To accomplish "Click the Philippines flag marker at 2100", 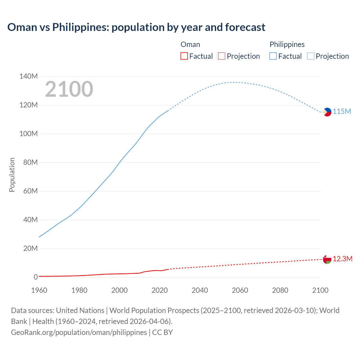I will (327, 112).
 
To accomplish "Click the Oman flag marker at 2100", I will (327, 259).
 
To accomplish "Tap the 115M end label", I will (342, 112).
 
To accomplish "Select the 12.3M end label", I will (343, 259).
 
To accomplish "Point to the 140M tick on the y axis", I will (28, 76).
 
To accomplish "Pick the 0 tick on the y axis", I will (35, 277).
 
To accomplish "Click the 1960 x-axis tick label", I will (39, 290).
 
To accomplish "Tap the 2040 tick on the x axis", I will (200, 290).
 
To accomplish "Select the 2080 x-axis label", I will (280, 290).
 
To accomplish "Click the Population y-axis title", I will (12, 175).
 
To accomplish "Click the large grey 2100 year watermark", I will (69, 89).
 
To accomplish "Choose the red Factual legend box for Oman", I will (184, 56).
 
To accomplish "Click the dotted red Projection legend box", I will (222, 56).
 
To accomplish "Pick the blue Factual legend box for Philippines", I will (273, 56).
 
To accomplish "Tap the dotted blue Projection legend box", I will (310, 56).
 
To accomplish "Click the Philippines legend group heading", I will (287, 44).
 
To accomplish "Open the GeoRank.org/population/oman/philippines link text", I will (79, 332).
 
